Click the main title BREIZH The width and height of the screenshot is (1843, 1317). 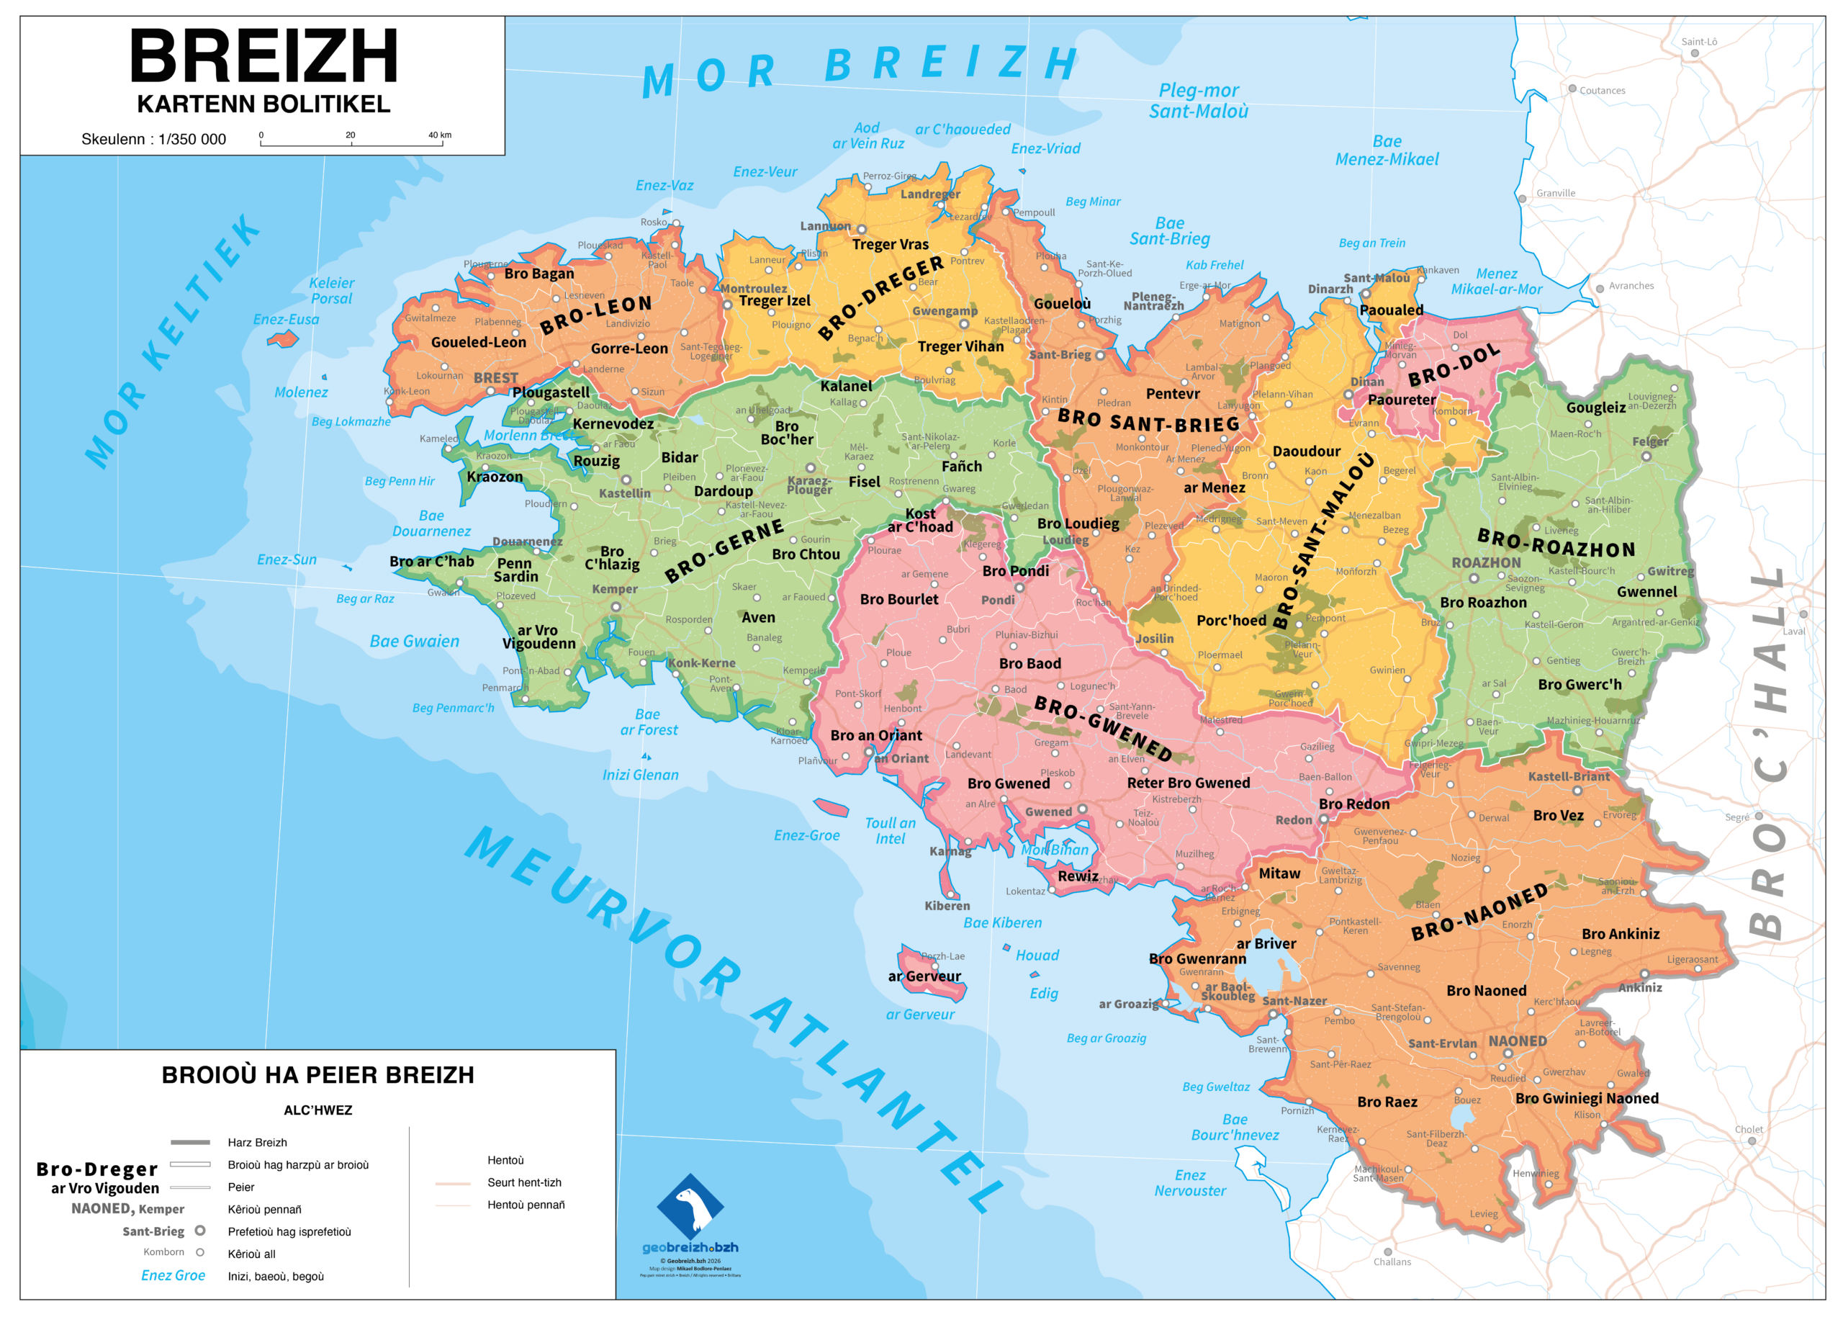263,57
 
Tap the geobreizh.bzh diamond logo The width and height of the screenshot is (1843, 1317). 689,1206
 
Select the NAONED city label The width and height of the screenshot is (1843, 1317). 1517,1040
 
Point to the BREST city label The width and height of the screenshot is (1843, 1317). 495,378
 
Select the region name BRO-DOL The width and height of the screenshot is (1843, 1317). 1454,367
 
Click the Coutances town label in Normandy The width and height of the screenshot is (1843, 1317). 1601,91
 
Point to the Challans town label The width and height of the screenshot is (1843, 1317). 1392,1262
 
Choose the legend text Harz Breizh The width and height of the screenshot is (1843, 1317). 257,1143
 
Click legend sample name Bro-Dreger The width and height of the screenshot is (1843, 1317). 97,1169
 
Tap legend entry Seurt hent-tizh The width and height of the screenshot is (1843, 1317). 524,1182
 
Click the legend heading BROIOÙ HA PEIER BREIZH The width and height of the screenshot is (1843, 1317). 317,1075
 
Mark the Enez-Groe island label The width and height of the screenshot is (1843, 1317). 806,835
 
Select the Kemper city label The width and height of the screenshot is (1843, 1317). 615,589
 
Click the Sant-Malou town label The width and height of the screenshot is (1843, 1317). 1376,278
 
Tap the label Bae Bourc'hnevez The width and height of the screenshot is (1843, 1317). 1234,1127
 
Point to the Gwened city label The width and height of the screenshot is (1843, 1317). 1047,812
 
